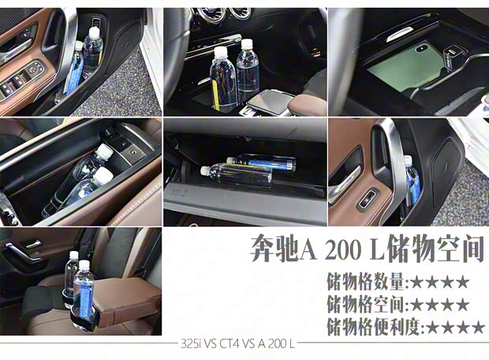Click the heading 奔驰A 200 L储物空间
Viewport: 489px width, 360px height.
362,249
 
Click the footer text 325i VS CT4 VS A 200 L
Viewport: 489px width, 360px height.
239,344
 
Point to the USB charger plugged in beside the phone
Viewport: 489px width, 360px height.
455,57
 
